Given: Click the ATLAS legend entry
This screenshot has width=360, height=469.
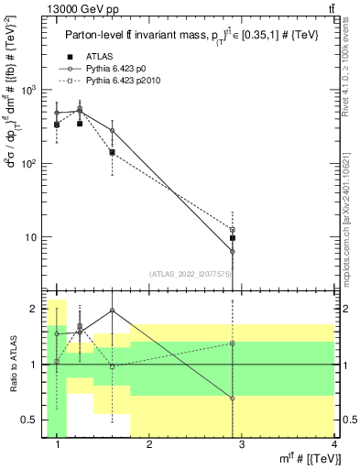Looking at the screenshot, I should click(98, 58).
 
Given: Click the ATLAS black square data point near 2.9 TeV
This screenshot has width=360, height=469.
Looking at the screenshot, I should click(233, 238).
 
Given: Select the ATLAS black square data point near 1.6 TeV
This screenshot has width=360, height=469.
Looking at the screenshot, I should click(112, 152).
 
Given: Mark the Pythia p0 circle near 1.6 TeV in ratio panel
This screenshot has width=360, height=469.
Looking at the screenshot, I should click(112, 311).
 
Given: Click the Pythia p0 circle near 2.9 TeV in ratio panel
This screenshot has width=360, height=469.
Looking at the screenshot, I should click(233, 398).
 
